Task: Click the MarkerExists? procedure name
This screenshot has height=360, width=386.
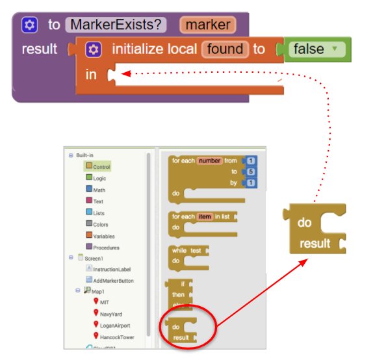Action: [x=116, y=25]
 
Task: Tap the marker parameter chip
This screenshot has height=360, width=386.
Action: [x=208, y=25]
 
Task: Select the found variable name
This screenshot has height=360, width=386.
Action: [x=225, y=49]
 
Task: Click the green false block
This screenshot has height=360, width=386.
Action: [x=317, y=49]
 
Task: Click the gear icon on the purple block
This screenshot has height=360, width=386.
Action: [x=29, y=25]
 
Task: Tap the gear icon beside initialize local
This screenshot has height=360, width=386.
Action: [x=94, y=49]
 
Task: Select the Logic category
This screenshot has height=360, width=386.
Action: [x=96, y=178]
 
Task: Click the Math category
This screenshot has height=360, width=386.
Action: [x=96, y=189]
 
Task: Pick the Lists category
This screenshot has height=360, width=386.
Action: [x=96, y=212]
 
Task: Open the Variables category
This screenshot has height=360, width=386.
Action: [x=100, y=236]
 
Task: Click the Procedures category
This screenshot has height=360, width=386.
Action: [x=103, y=247]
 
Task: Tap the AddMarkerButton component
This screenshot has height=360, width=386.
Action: [x=110, y=280]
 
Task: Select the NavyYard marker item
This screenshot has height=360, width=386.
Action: [x=108, y=314]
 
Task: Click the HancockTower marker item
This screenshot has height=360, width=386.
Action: [x=114, y=337]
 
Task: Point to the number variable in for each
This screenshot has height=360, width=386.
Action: [x=209, y=161]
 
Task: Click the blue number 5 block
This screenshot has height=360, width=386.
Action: [x=251, y=172]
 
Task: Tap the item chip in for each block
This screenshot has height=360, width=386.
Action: [x=205, y=216]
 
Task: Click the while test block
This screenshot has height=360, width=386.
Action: [x=188, y=259]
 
